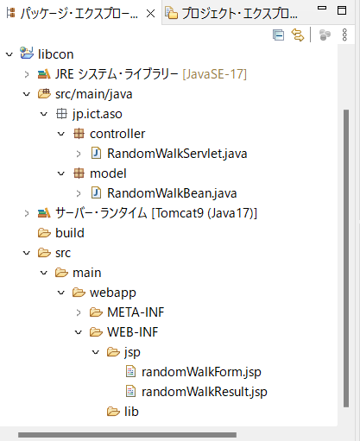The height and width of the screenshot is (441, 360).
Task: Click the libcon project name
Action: point(56,54)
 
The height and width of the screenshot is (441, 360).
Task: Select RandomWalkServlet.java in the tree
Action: point(177,154)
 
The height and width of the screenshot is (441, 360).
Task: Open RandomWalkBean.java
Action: point(172,193)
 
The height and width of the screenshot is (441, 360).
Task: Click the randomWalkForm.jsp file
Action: point(201,372)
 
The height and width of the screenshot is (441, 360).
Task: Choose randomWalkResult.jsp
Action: point(205,392)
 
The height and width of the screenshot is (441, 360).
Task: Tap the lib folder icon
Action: point(113,412)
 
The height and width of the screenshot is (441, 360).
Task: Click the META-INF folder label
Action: point(136,312)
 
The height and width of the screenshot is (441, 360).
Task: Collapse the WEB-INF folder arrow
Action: point(79,332)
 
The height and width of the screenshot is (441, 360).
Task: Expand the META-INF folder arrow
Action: point(79,312)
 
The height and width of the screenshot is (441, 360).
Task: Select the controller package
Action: point(117,134)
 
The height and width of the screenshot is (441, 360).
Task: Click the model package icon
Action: point(79,173)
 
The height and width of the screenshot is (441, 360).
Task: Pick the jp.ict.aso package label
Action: point(98,114)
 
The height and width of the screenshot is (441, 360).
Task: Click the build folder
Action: point(70,233)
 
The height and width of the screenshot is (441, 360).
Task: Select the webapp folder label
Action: point(113,293)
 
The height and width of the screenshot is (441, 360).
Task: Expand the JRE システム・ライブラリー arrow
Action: point(27,74)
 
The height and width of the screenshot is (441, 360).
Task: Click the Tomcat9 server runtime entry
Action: point(156,213)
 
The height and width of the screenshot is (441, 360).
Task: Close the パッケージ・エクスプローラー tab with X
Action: point(150,13)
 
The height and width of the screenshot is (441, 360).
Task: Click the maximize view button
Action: point(342,10)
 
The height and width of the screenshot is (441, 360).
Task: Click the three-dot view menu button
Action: point(344,35)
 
